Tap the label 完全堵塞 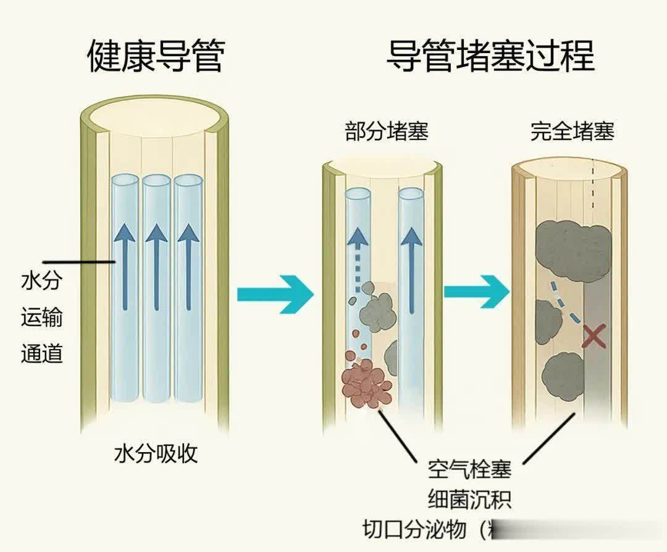(x=572, y=132)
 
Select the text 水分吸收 (x=156, y=454)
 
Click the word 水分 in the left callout (x=42, y=281)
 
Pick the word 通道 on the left (x=42, y=355)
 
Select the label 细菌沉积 (x=469, y=498)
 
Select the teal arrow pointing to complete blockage (x=476, y=292)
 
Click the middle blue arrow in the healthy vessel (x=156, y=265)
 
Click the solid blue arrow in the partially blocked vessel (x=409, y=271)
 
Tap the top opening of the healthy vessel (x=155, y=117)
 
